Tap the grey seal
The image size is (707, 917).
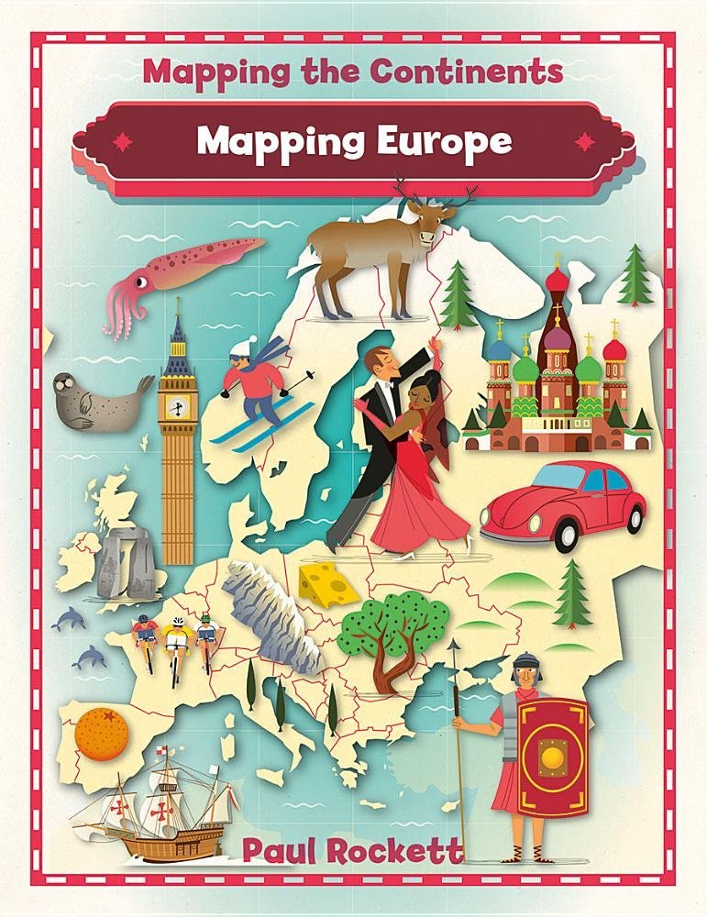[x=96, y=401]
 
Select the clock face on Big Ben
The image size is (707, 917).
[x=177, y=407]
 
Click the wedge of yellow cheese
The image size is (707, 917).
[x=326, y=583]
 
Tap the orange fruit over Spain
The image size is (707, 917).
[x=101, y=735]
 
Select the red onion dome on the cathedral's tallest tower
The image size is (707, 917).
[x=557, y=280]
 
